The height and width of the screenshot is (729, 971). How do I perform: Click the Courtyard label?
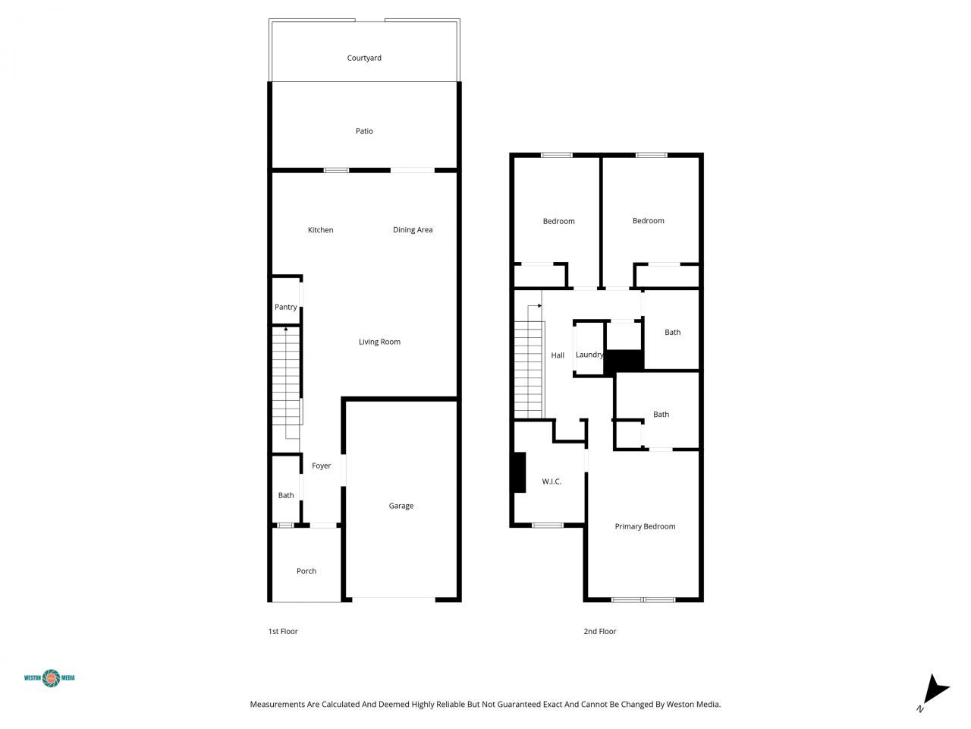364,58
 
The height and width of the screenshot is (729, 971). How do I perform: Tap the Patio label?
364,131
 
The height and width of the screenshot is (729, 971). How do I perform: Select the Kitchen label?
320,230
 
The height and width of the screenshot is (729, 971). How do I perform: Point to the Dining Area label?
413,230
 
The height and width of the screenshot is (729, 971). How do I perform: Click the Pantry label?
285,307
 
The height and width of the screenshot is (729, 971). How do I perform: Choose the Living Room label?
379,342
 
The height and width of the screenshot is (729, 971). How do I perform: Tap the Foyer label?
321,465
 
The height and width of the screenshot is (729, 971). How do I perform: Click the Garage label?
401,506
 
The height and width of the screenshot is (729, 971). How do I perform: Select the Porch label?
306,571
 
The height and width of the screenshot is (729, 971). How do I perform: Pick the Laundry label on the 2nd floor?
589,355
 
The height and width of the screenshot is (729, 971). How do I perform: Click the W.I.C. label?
551,481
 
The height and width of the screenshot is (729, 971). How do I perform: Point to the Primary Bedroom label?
645,526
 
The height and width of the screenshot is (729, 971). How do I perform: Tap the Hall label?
558,355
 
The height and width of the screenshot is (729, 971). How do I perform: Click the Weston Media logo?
50,677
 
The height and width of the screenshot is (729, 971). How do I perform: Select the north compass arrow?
936,690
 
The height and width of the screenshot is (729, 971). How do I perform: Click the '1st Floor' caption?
283,631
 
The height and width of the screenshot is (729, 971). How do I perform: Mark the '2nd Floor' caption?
599,631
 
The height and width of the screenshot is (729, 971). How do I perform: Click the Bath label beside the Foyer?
285,495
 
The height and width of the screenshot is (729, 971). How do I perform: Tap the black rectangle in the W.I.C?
519,472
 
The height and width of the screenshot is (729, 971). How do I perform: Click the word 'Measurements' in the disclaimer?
277,705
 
